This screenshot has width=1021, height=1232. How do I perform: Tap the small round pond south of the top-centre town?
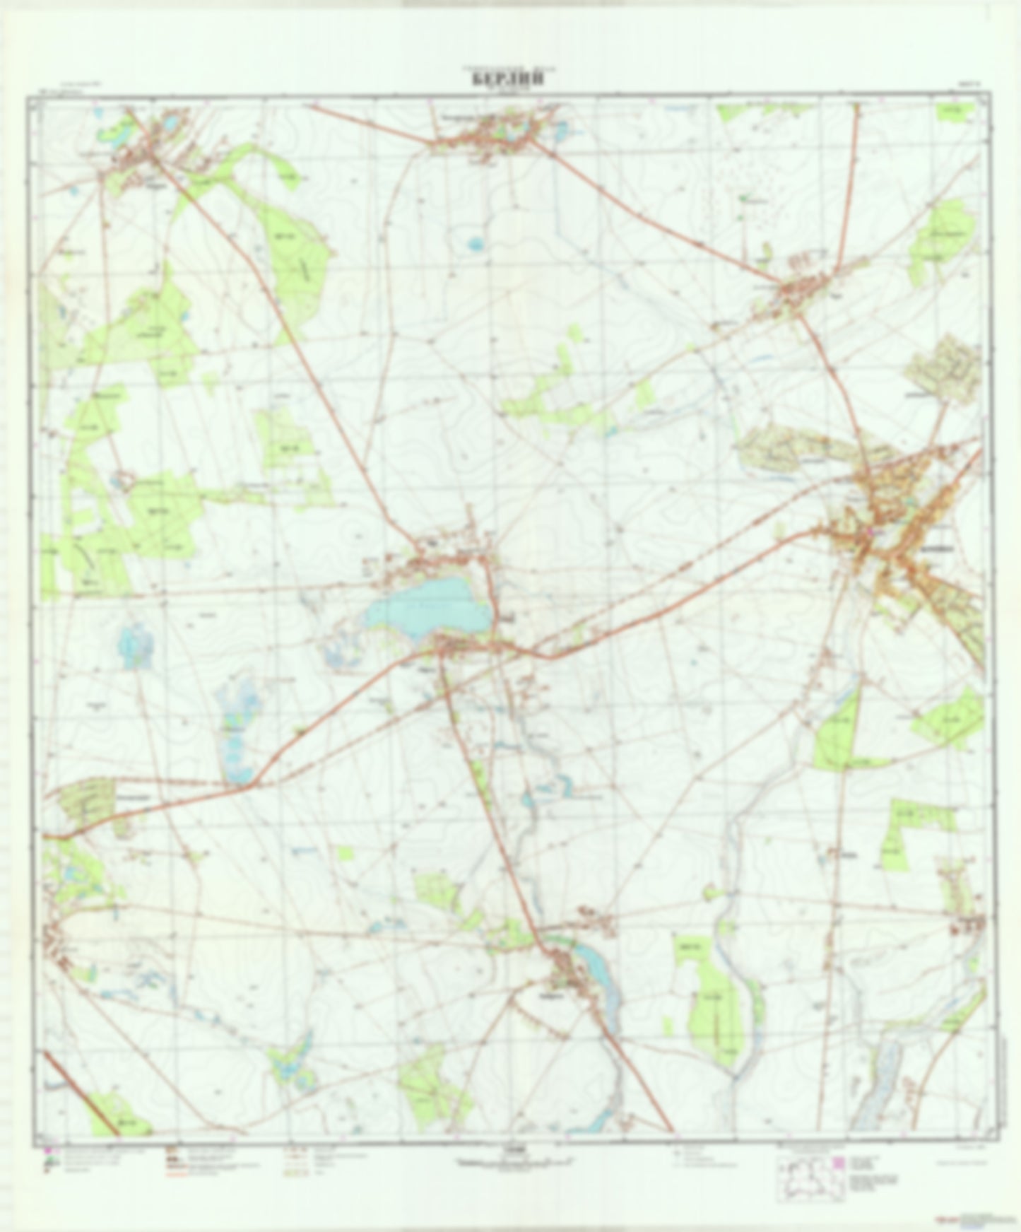(476, 245)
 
